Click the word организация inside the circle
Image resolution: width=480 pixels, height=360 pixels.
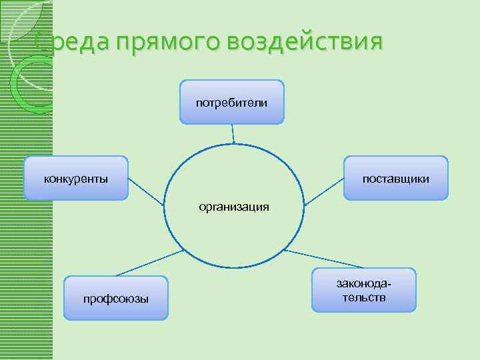pos(234,207)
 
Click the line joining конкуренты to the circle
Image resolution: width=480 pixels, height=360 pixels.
pos(145,191)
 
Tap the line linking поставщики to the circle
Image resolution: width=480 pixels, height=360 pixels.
pos(323,190)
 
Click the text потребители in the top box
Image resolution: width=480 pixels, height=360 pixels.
pos(231,103)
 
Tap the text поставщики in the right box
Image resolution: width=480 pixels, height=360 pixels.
pos(395,179)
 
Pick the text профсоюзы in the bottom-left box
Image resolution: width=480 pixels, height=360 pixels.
pos(116,298)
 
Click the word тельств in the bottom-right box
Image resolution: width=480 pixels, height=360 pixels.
pos(364,297)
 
